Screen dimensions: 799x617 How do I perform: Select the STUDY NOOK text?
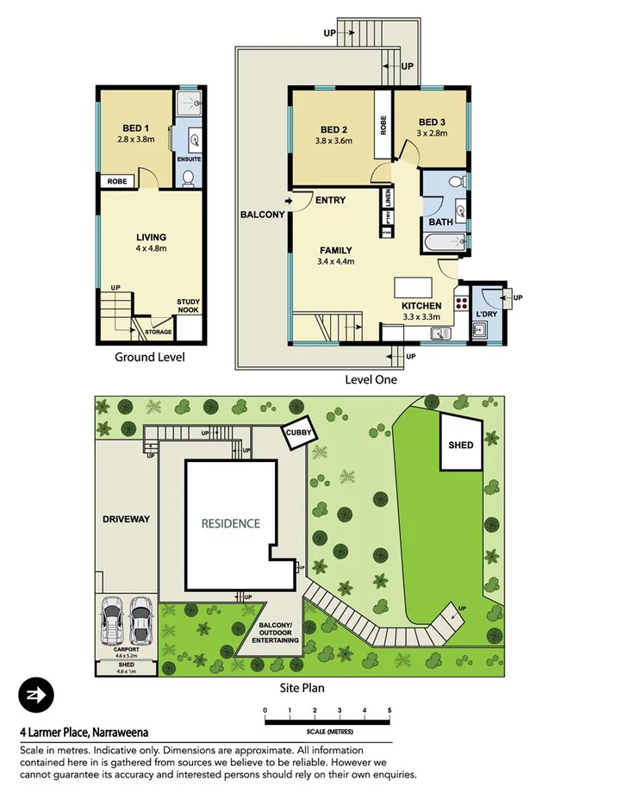pyautogui.click(x=189, y=305)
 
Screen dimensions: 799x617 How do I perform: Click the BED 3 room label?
pyautogui.click(x=433, y=122)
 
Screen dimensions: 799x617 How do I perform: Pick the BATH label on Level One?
pyautogui.click(x=440, y=222)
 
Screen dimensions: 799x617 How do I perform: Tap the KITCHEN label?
pyautogui.click(x=421, y=306)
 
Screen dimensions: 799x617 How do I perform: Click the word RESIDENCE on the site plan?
pyautogui.click(x=230, y=523)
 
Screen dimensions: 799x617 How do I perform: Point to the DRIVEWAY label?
pyautogui.click(x=126, y=519)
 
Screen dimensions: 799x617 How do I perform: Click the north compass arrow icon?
pyautogui.click(x=36, y=695)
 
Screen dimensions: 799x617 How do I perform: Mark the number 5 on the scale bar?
pyautogui.click(x=390, y=710)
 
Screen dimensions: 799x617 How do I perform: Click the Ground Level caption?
pyautogui.click(x=149, y=357)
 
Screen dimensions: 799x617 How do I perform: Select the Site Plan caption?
pyautogui.click(x=302, y=688)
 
